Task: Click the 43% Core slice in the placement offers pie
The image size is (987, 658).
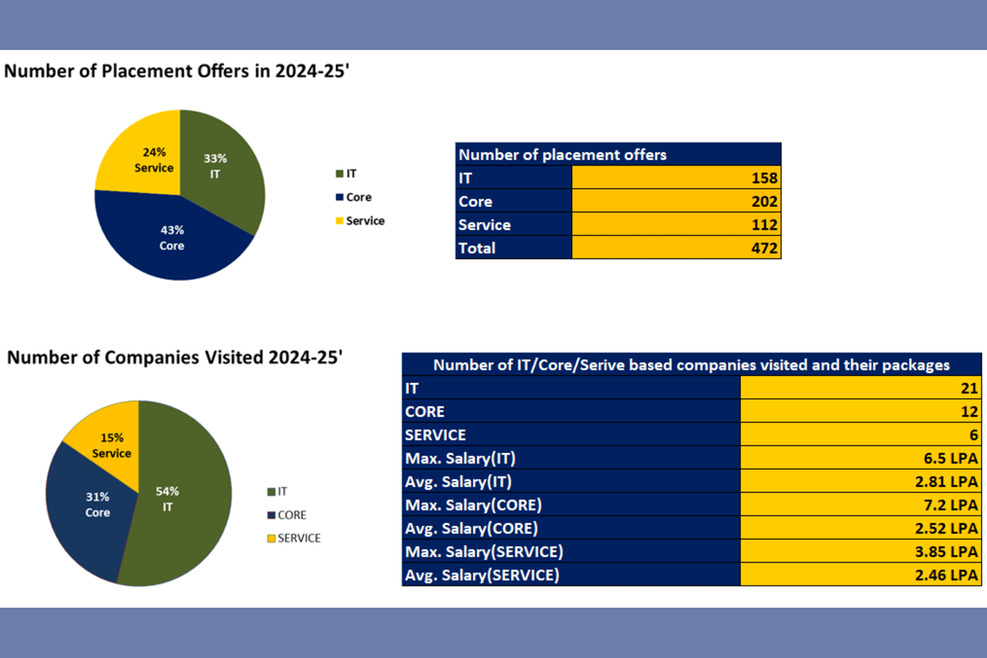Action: click(172, 238)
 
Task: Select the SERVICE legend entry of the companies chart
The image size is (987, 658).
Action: click(294, 538)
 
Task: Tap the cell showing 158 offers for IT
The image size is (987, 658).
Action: click(676, 178)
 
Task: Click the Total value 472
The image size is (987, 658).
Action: click(676, 248)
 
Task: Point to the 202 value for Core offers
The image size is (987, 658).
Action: click(676, 201)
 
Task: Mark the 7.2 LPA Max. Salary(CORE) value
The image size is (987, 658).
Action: click(860, 505)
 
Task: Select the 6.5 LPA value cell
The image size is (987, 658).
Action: click(860, 458)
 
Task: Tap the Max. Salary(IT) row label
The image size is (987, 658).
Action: click(460, 458)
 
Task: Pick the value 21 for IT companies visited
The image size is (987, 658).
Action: click(860, 388)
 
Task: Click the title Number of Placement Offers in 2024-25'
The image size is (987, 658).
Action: click(177, 71)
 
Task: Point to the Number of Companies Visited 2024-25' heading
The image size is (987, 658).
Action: click(175, 358)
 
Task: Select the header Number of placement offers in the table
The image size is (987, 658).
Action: click(562, 155)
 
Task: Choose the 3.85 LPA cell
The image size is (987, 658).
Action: click(860, 551)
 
